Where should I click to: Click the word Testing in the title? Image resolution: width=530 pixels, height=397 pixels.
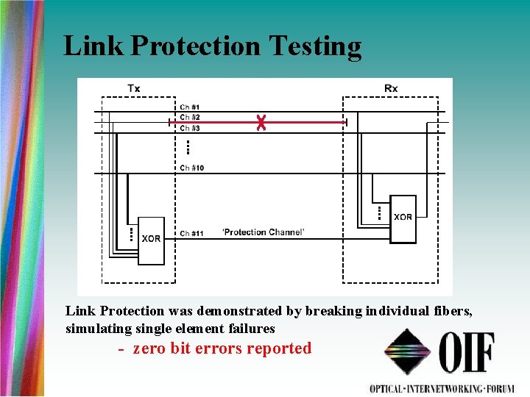point(315,46)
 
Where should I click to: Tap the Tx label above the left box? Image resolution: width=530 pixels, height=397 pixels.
point(134,89)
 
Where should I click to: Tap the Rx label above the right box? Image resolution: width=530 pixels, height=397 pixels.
point(391,89)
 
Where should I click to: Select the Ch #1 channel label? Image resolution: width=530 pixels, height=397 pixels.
point(190,108)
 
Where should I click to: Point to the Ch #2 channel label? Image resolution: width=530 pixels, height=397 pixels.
point(190,118)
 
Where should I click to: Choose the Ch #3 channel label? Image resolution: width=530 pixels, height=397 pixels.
point(190,128)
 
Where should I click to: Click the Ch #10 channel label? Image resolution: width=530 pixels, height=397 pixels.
point(192,168)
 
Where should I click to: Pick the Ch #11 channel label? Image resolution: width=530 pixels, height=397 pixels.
point(192,233)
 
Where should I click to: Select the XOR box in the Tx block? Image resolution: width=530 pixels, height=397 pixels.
point(151,239)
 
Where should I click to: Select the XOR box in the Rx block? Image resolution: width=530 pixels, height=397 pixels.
point(403,218)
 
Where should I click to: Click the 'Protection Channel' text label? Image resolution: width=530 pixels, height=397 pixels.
point(264,232)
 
